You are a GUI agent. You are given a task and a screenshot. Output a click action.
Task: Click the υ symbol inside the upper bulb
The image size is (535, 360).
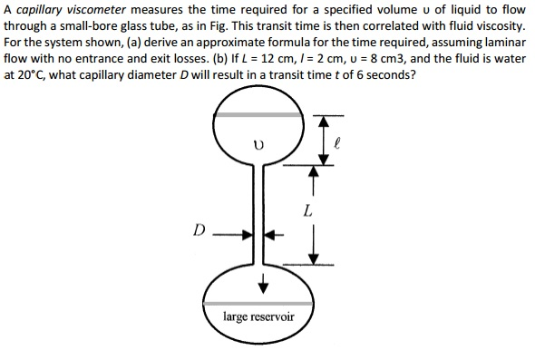[x=259, y=143]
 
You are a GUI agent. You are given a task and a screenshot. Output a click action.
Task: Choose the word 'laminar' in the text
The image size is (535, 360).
[x=501, y=42]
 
